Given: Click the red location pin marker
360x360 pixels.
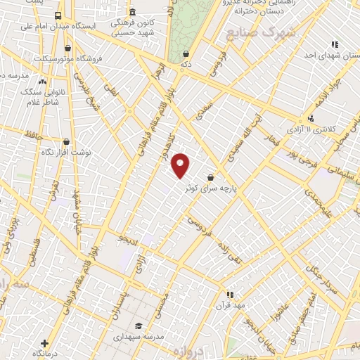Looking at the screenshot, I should [x=181, y=165].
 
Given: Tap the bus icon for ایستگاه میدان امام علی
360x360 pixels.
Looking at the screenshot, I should [x=58, y=15].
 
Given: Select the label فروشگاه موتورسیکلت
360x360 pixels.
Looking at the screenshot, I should [x=97, y=58].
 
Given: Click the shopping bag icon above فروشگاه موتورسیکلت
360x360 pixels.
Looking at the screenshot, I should [x=67, y=49].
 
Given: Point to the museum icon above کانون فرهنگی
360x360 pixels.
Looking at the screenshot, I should [x=133, y=12].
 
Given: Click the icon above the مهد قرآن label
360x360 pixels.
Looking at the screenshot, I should [x=229, y=295].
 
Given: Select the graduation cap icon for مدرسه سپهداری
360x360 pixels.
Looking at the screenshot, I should [x=139, y=326].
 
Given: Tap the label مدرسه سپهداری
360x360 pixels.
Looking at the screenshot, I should [x=139, y=336].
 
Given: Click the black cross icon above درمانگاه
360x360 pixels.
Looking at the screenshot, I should [x=45, y=342].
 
